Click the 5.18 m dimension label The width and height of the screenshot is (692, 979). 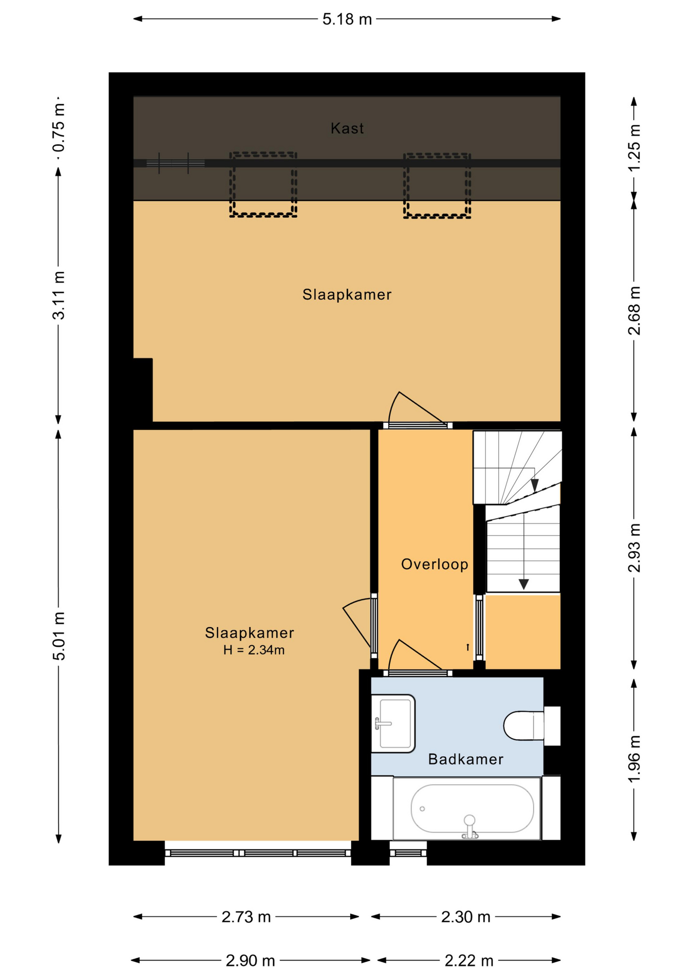coord(347,19)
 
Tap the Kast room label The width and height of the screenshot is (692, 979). coord(347,128)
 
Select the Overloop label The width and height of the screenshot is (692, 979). coord(434,564)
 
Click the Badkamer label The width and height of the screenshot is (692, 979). coord(465,759)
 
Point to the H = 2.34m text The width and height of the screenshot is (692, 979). coord(254,650)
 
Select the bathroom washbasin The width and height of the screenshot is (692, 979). coord(393,723)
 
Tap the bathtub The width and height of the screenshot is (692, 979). coord(466,808)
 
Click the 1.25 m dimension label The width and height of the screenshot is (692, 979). coord(634,148)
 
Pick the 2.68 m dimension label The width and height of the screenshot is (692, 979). coord(634,311)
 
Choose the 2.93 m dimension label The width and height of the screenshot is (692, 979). coord(634,548)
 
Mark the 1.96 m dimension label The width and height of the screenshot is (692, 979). coord(634,759)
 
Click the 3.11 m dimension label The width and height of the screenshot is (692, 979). coord(59,296)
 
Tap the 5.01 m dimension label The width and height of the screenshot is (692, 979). coord(59,636)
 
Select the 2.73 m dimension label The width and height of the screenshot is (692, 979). coord(246,917)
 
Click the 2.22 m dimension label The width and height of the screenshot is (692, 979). coord(469,961)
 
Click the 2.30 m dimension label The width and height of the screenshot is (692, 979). coord(466,917)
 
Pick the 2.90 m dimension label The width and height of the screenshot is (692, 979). coord(250,961)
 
